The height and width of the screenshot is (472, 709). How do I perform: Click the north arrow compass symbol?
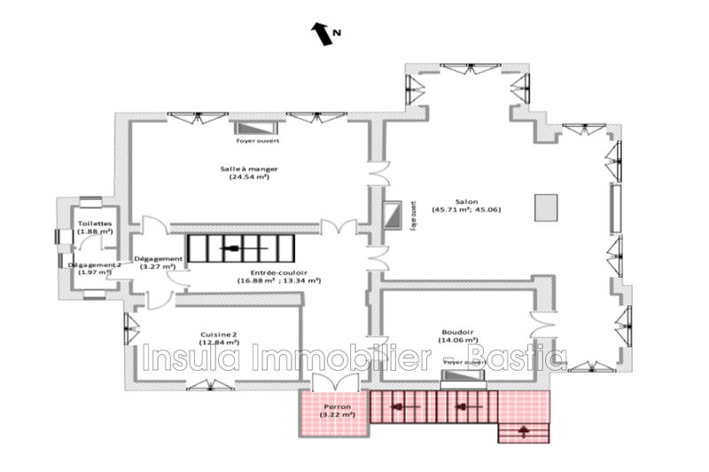(322, 34)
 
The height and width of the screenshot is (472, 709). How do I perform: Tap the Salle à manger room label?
(245, 171)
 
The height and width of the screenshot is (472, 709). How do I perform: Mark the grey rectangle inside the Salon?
(546, 207)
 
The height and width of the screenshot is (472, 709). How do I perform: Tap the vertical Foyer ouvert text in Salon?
(413, 216)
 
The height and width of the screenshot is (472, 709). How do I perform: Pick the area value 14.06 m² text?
(459, 340)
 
